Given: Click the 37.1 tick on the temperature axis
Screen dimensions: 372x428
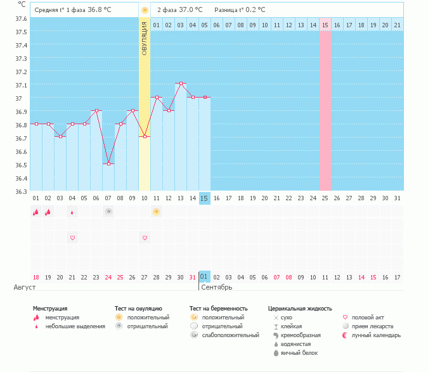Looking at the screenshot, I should (x=20, y=85).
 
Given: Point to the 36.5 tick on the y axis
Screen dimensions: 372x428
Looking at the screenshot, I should (x=20, y=165).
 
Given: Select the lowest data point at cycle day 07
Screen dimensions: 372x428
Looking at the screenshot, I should (x=108, y=164).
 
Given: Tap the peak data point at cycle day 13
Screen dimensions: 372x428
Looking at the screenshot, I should (x=181, y=84).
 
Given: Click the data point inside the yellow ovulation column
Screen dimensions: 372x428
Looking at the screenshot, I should (x=145, y=136).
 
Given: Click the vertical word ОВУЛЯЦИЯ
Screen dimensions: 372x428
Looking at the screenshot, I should (x=145, y=39).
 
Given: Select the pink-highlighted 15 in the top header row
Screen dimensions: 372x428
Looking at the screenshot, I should (x=325, y=25).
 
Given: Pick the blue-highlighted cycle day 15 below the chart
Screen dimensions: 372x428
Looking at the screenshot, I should (x=204, y=198).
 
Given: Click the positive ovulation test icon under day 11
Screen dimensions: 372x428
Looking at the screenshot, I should (x=156, y=212).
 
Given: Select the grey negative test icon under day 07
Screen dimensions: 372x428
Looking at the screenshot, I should (x=108, y=212).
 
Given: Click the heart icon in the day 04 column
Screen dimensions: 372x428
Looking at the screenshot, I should (x=72, y=238).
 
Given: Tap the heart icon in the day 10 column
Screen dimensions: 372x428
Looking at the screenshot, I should (x=145, y=238).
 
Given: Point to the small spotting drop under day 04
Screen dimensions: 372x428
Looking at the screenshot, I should (x=72, y=212).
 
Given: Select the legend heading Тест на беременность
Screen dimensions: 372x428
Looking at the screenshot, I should (x=218, y=308).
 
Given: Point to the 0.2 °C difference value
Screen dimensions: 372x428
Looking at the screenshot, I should (x=253, y=10).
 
